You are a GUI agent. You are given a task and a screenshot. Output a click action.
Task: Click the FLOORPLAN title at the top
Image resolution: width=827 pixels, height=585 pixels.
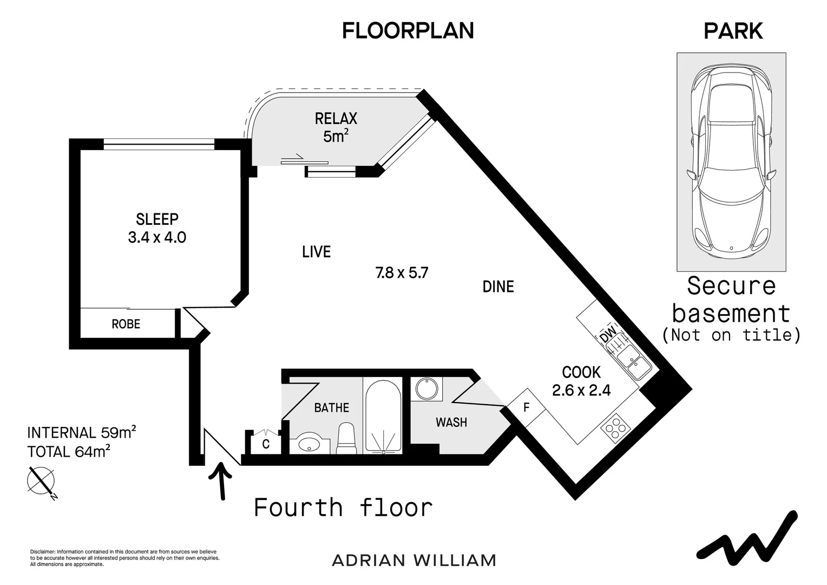coord(408,31)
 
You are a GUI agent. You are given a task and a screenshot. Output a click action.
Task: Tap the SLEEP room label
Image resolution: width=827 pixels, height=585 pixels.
coord(157,219)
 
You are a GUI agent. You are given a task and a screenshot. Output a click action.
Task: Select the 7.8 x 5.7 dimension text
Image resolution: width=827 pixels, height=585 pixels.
coord(402,273)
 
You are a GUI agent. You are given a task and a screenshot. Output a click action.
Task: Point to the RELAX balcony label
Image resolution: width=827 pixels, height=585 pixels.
coord(336,119)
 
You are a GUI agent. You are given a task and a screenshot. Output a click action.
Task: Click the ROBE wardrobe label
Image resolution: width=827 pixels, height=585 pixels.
coord(126,324)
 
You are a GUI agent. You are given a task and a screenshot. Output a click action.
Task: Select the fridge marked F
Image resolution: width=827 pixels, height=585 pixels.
coord(526,407)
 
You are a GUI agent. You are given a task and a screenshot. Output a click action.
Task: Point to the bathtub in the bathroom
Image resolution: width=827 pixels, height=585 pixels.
coord(383,415)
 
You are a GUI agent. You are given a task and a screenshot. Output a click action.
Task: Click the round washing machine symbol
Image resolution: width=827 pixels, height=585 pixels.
coord(427,389)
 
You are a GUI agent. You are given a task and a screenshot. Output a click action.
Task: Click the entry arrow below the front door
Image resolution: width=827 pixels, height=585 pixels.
coord(221,481)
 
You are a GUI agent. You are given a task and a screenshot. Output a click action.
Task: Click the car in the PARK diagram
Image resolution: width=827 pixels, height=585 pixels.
coord(731,162)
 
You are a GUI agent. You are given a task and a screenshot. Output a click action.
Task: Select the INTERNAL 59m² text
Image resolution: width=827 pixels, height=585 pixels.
coord(82,432)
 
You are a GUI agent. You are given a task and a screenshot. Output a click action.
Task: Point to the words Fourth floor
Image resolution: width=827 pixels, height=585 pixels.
coord(343,508)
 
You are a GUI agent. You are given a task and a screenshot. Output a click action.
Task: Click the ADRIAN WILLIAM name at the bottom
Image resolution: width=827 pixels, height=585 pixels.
coord(414,561)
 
